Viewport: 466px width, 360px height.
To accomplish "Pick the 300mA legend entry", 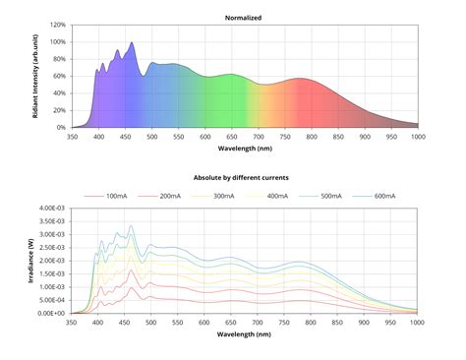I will coord(222,197).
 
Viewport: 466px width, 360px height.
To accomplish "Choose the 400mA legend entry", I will coord(276,197).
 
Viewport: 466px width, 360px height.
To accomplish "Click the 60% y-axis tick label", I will coord(57,76).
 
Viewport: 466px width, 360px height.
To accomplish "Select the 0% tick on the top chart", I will coord(59,128).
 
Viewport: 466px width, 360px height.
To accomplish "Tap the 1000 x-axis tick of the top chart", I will coord(417,138).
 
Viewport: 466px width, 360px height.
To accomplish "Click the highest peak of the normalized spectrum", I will coord(132,42).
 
